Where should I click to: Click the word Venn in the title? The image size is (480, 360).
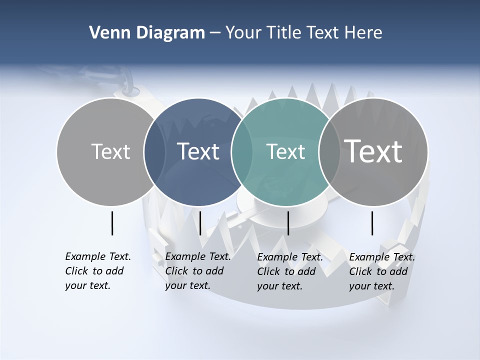click(x=107, y=33)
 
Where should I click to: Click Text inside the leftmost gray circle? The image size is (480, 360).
click(x=110, y=151)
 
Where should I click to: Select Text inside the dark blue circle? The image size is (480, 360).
click(x=198, y=151)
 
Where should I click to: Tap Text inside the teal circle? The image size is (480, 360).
click(x=286, y=151)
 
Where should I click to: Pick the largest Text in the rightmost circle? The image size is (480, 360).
click(x=373, y=151)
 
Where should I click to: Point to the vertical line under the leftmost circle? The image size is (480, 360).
click(x=112, y=223)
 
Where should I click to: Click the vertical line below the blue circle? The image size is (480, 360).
click(x=200, y=223)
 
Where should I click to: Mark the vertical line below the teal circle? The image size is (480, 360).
click(x=288, y=223)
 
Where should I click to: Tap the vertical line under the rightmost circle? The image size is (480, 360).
click(x=372, y=223)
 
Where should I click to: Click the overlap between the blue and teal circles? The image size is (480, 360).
click(x=242, y=152)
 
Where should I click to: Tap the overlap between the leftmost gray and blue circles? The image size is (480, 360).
click(x=154, y=152)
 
